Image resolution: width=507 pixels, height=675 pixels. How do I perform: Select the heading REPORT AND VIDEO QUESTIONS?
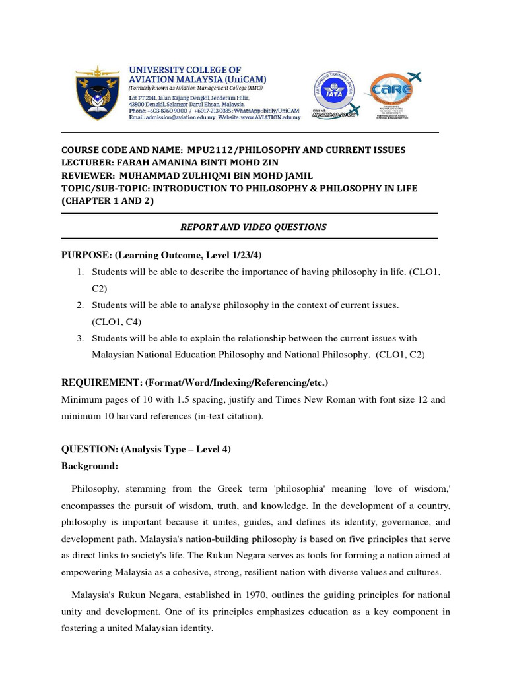coord(253,227)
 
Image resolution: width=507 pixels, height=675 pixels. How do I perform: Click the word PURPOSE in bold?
coord(86,255)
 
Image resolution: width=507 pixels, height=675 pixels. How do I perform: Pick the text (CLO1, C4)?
coord(117,322)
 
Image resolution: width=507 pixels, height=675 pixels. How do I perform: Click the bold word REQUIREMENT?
coord(100,383)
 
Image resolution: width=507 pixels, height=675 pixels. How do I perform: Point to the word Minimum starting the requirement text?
coord(81,399)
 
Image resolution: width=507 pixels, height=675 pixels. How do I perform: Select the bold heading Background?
coord(90,466)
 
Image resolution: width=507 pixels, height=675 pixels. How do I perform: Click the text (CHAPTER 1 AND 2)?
coord(107,201)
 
